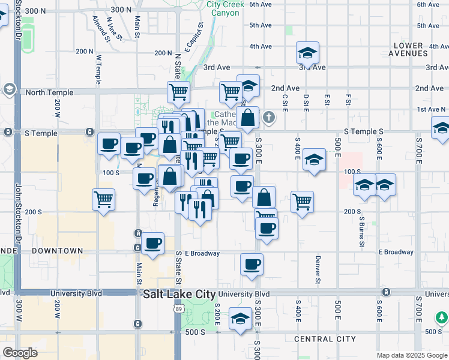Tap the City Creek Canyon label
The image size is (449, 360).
226,8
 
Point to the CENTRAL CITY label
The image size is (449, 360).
325,339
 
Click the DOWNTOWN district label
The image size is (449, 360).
57,250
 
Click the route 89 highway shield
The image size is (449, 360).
178,309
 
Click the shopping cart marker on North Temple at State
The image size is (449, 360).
178,92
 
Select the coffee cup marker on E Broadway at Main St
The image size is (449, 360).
153,243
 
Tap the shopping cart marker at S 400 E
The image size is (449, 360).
302,201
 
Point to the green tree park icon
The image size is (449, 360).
442,317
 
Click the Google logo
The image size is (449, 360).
20,353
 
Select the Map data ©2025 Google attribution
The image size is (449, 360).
411,355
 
